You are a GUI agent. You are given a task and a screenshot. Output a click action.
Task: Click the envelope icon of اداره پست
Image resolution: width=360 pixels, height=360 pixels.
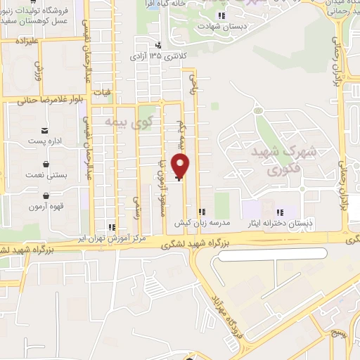(x=46, y=131)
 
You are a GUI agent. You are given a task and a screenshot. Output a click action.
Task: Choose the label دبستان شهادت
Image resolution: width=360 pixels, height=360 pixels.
(x=221, y=26)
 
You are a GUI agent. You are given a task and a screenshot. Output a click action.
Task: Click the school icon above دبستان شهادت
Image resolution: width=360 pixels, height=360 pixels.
(x=221, y=15)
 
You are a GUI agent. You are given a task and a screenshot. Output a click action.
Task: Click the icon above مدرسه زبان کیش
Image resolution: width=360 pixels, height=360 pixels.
(x=202, y=212)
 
